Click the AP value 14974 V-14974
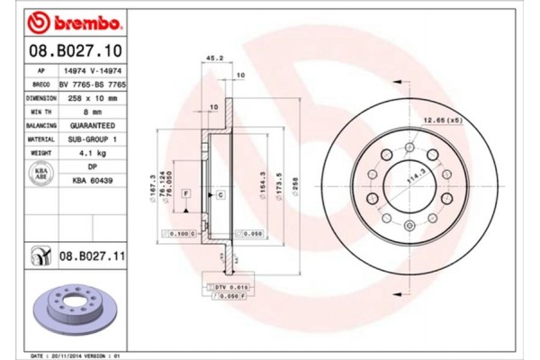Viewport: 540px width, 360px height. tap(93, 69)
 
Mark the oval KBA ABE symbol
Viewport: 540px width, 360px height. tap(40, 174)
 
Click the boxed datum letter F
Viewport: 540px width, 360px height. tap(184, 193)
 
